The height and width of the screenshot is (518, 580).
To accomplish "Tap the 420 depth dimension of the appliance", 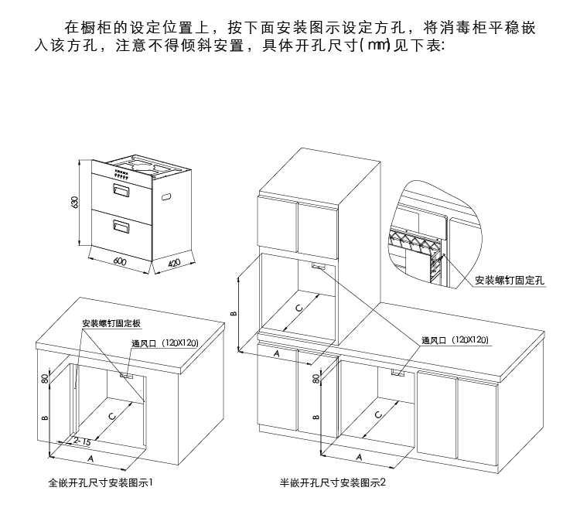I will click(x=173, y=264).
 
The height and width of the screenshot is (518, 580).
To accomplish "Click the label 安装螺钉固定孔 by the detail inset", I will click(x=510, y=280).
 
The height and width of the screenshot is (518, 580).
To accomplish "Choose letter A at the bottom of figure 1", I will click(x=91, y=458).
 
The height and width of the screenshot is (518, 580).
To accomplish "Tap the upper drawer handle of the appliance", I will click(x=121, y=188).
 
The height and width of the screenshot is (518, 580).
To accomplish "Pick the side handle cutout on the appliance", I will click(x=166, y=198).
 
